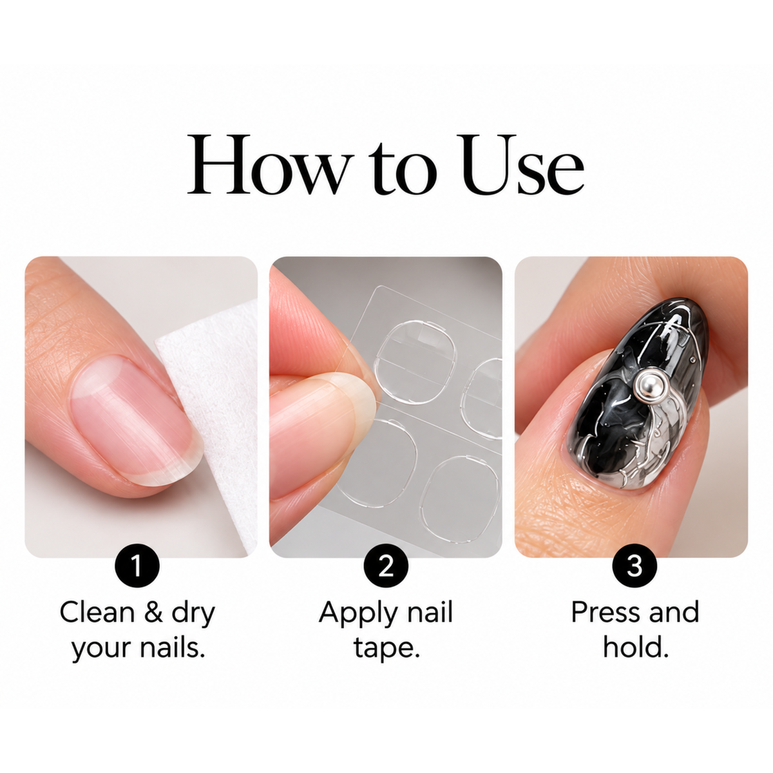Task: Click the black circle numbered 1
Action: (137, 566)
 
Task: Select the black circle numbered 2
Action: (386, 566)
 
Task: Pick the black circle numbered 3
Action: (635, 566)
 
